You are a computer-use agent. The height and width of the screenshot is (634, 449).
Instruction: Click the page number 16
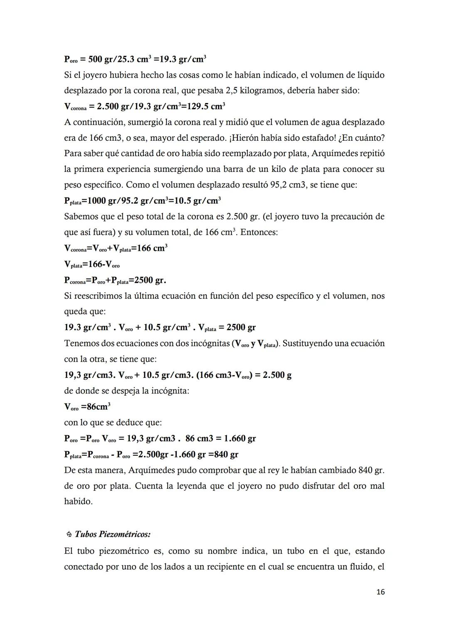pos(380,592)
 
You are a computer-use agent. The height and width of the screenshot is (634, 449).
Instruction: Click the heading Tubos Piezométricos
pos(113,534)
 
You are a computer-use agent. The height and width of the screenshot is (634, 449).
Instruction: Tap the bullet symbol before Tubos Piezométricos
pos(69,534)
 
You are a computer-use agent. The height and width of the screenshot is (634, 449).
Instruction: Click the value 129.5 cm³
pos(206,106)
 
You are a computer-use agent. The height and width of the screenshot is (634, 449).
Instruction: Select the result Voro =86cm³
pos(87,406)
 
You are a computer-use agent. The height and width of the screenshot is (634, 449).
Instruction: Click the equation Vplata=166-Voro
pos(92,264)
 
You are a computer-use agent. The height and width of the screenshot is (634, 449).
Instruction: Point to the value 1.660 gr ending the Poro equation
pos(240,438)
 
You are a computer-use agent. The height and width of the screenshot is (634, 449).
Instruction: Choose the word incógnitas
pos(205,343)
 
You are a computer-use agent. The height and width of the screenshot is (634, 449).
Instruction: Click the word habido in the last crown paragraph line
pos(78,502)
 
